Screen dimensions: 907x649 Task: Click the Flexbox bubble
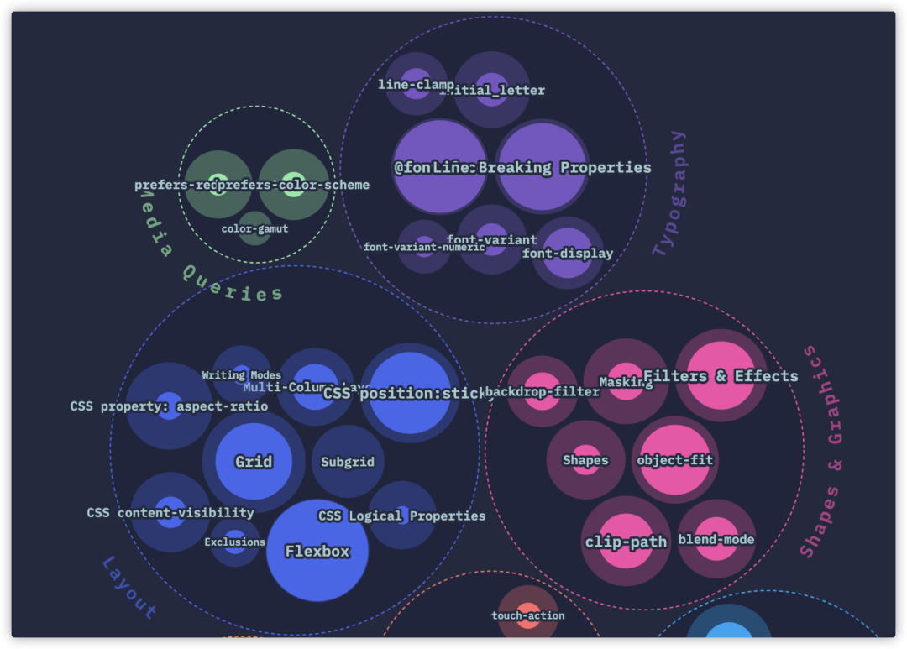point(317,551)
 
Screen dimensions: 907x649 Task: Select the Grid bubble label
point(254,461)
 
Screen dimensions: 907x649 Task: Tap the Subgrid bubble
point(348,461)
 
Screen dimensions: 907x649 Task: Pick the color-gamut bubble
point(255,228)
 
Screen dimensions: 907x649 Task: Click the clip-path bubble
point(626,542)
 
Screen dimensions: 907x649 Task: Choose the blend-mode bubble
point(716,539)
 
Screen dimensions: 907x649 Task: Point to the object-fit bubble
point(674,460)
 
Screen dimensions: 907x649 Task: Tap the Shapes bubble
point(585,460)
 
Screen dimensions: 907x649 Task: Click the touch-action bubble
point(528,615)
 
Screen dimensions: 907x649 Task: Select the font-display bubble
point(568,253)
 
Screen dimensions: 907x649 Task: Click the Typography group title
point(669,193)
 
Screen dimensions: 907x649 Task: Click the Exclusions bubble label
point(235,542)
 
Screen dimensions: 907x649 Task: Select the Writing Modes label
point(242,375)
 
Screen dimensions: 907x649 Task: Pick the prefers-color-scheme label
point(293,185)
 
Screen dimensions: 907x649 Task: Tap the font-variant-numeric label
point(424,247)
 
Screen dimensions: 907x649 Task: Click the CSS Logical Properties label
point(401,516)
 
